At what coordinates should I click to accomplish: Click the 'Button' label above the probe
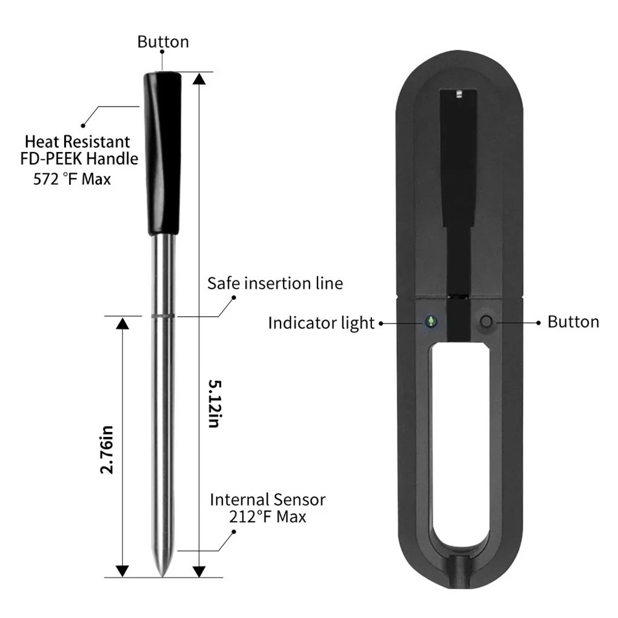coord(163,42)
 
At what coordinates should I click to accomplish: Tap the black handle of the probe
coord(162,151)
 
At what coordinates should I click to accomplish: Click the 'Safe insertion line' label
coord(275,283)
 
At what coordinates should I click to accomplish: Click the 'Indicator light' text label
coord(321,323)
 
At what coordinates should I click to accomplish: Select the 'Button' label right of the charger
coord(573,322)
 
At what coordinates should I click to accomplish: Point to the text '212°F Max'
coord(267,517)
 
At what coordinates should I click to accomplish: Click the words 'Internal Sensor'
coord(267,500)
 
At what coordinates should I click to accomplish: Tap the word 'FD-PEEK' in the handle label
coord(56,159)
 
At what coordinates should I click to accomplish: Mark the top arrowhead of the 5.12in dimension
coord(199,79)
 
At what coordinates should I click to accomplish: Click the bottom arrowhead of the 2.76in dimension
coord(122,571)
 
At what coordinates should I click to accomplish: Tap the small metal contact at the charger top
coord(459,94)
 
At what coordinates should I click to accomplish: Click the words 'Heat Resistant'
coord(77,142)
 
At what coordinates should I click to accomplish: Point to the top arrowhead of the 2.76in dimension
coord(122,324)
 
